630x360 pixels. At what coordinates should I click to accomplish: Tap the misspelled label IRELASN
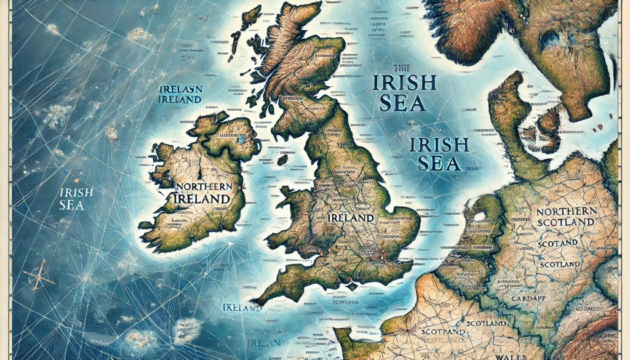click(181, 89)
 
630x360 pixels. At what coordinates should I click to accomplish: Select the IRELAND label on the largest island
click(351, 218)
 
